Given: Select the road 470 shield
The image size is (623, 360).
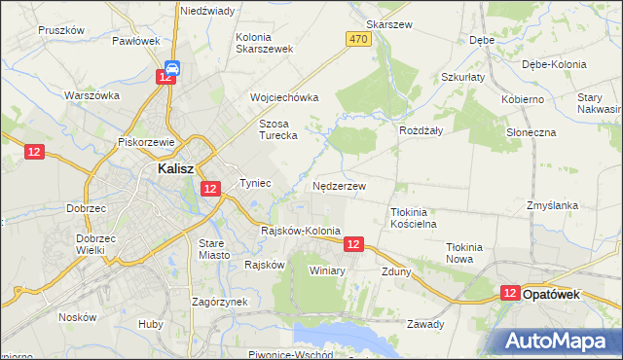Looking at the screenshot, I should (x=357, y=39).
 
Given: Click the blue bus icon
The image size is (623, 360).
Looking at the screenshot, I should (x=171, y=67).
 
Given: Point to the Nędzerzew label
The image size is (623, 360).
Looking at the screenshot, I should (x=339, y=185).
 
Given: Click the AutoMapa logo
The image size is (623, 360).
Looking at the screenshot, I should (x=561, y=342).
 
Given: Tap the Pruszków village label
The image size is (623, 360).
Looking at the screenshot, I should (x=61, y=30).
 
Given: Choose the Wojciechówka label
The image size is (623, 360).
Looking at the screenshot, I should (x=284, y=97).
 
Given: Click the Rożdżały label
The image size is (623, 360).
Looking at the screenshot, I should (x=421, y=130).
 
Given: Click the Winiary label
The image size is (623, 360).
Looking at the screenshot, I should (x=327, y=270).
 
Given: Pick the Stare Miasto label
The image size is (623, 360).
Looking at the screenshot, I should (x=214, y=248).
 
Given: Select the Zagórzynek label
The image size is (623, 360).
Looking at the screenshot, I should (x=219, y=302).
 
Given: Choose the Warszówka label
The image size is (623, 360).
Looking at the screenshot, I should (x=92, y=95).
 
